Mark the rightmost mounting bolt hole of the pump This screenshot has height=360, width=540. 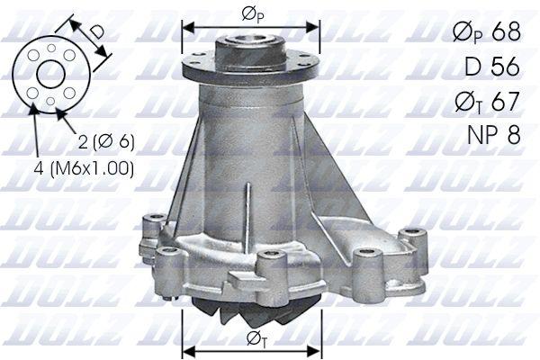coord(412,238)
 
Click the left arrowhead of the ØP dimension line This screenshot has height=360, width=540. coord(185,25)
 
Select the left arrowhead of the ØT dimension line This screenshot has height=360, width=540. coord(186,349)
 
